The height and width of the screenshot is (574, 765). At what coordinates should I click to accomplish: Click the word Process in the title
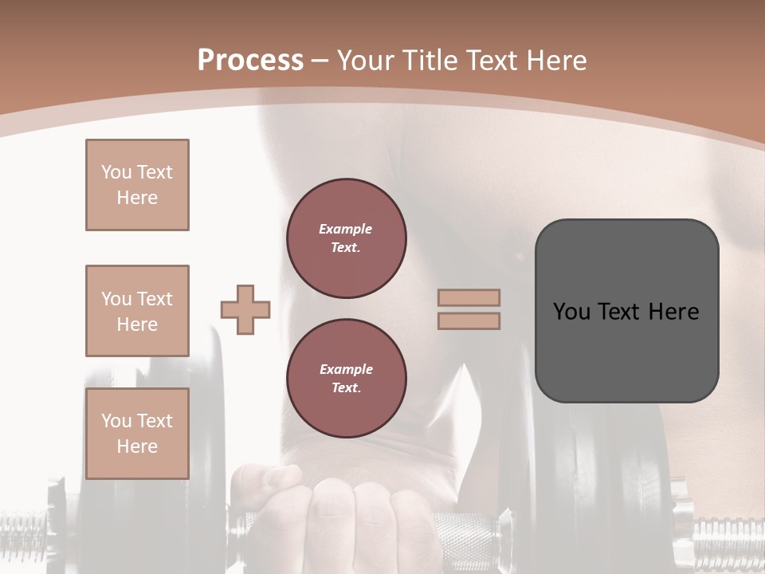[x=250, y=61]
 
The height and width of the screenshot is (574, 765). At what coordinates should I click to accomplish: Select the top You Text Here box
[x=137, y=185]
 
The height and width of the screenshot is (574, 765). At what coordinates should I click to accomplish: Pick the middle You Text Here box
[x=137, y=311]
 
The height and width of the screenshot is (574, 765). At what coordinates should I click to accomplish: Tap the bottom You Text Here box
[x=137, y=434]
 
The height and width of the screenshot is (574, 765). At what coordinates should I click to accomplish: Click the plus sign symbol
[x=245, y=310]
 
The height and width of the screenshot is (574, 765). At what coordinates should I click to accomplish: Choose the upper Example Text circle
[x=347, y=238]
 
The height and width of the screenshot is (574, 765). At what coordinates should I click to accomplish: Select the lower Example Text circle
[x=347, y=379]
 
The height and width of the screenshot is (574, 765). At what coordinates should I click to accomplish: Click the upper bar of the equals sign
[x=469, y=297]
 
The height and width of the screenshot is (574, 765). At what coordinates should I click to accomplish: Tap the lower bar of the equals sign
[x=469, y=321]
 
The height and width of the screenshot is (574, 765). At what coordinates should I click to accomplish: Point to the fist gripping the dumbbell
[x=351, y=518]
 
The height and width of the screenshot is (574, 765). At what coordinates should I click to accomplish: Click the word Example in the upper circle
[x=346, y=229]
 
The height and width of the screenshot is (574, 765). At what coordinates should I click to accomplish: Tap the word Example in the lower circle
[x=346, y=369]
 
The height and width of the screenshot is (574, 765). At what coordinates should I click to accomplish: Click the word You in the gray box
[x=571, y=312]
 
